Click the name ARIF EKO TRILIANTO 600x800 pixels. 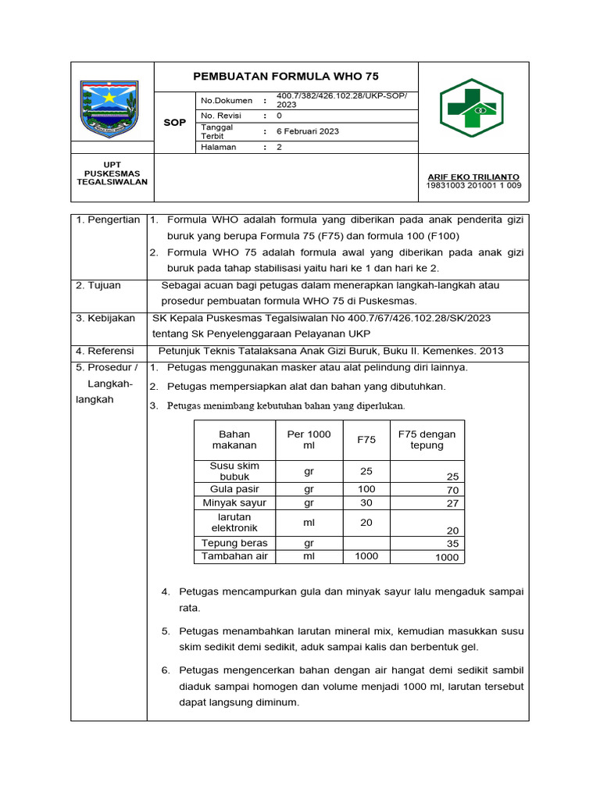click(473, 177)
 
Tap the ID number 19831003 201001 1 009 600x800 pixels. click(473, 186)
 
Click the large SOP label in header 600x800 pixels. click(174, 123)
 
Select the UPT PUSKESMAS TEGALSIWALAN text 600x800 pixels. click(112, 173)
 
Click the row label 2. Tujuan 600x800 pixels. click(98, 285)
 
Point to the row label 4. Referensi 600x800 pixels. click(105, 352)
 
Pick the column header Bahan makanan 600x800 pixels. click(234, 439)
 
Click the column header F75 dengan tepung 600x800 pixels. click(427, 439)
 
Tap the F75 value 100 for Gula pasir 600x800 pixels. click(366, 488)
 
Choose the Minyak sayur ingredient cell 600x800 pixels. click(234, 502)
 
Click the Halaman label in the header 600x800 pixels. click(219, 147)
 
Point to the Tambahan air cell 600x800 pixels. click(234, 556)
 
